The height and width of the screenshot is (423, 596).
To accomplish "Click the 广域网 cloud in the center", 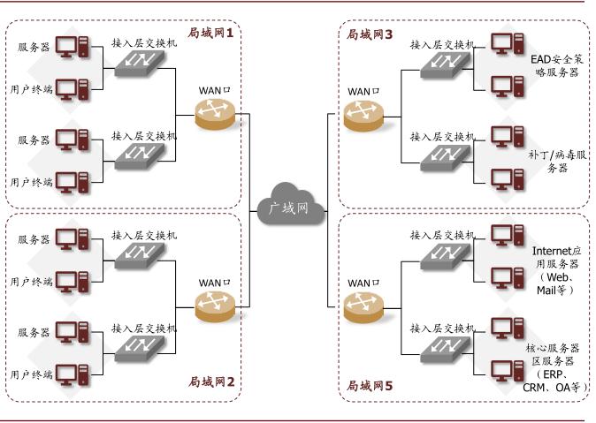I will pos(292,206).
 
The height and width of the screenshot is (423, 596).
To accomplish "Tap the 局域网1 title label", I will pos(210,34).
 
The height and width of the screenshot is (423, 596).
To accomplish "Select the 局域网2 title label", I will pos(210,381).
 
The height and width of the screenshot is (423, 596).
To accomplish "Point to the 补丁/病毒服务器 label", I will pos(555,161).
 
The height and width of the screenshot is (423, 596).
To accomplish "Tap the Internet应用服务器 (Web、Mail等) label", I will pos(555,269).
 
